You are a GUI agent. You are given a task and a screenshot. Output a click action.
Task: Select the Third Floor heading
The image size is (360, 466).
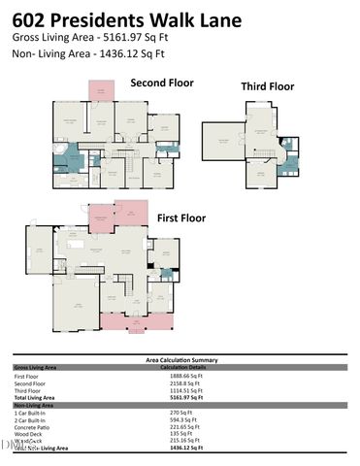pyautogui.click(x=267, y=86)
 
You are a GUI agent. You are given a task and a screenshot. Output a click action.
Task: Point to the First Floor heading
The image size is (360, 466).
pyautogui.click(x=183, y=219)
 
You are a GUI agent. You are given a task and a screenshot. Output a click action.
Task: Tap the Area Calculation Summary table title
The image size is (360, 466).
pyautogui.click(x=180, y=360)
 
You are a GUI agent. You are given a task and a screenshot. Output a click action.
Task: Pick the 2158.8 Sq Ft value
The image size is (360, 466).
pyautogui.click(x=185, y=383)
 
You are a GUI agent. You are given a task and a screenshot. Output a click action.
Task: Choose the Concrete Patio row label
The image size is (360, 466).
pyautogui.click(x=34, y=426)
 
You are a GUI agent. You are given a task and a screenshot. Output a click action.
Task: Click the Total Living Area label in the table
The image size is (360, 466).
pyautogui.click(x=37, y=397)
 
